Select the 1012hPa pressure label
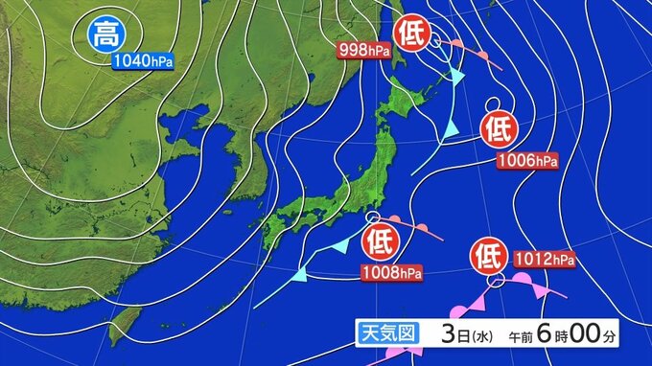click(x=544, y=259)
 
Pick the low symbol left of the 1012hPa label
click(x=488, y=257)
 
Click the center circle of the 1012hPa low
click(x=495, y=282)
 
